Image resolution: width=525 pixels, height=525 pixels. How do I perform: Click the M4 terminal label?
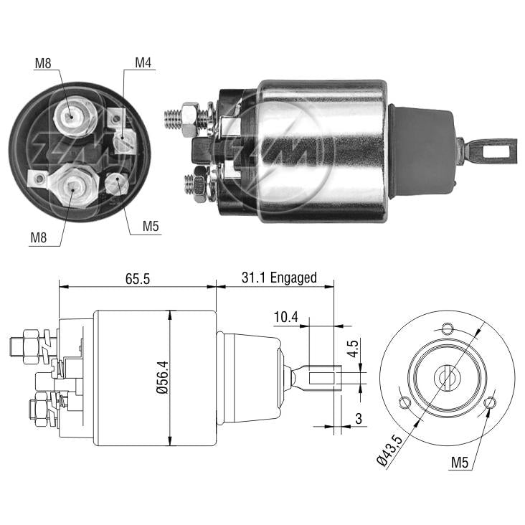click(143, 62)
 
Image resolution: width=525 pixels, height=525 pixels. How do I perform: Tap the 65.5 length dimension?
click(138, 278)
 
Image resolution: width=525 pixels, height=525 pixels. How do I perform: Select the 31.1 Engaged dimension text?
click(279, 278)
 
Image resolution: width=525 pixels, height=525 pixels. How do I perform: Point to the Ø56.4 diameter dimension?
click(162, 377)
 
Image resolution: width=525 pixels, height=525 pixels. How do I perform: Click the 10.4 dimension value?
click(285, 317)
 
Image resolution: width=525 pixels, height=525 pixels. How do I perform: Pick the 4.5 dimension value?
click(353, 349)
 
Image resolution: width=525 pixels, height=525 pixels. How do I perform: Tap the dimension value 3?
click(359, 419)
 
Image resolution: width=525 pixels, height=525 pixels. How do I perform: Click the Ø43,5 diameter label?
click(389, 450)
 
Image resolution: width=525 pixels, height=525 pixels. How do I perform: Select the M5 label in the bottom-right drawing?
click(459, 463)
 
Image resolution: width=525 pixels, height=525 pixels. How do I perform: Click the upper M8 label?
click(43, 63)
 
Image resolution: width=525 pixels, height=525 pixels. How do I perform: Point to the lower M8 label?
click(39, 237)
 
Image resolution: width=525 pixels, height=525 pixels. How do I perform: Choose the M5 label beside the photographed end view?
click(151, 227)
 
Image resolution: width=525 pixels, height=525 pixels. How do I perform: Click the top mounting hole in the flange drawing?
click(448, 329)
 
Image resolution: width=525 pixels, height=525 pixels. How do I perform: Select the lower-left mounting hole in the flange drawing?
click(405, 403)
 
